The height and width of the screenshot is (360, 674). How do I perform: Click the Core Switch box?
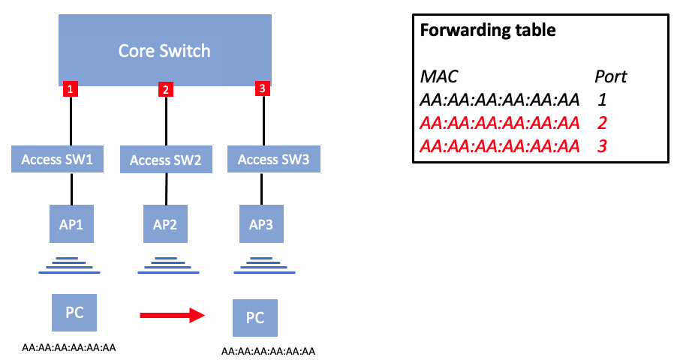(164, 51)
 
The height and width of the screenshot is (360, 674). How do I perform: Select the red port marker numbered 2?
(166, 90)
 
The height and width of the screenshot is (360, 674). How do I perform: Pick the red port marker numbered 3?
(261, 89)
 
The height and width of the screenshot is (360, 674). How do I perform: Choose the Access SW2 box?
(166, 160)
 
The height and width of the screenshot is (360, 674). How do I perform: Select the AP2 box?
(166, 223)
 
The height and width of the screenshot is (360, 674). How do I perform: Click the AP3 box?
(262, 223)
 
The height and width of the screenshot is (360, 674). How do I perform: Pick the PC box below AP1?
(74, 313)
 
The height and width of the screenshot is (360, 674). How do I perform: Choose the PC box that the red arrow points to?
(255, 318)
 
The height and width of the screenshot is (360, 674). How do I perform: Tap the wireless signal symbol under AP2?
(166, 263)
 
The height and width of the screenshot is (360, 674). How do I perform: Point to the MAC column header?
(439, 76)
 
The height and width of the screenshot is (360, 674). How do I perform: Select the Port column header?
(610, 76)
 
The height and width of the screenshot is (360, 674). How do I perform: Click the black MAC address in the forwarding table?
(500, 99)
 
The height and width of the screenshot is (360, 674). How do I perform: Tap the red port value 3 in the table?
(602, 145)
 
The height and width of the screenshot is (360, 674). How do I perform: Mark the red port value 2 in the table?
(602, 122)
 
